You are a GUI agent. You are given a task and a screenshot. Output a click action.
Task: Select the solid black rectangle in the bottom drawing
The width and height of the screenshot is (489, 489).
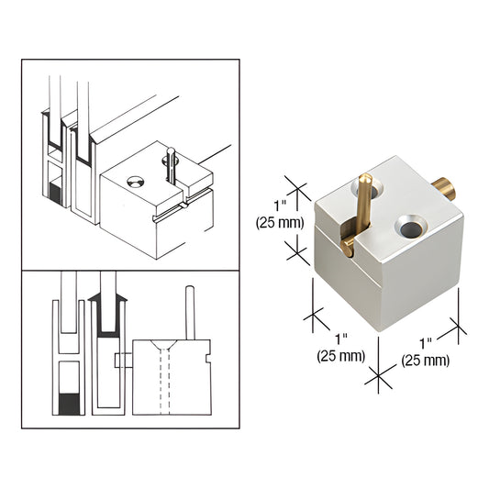coord(70,402)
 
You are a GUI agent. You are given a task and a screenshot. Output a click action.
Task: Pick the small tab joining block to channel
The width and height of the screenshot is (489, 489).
coord(118,361)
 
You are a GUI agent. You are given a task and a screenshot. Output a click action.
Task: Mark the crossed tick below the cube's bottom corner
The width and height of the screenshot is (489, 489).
coord(376,374)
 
